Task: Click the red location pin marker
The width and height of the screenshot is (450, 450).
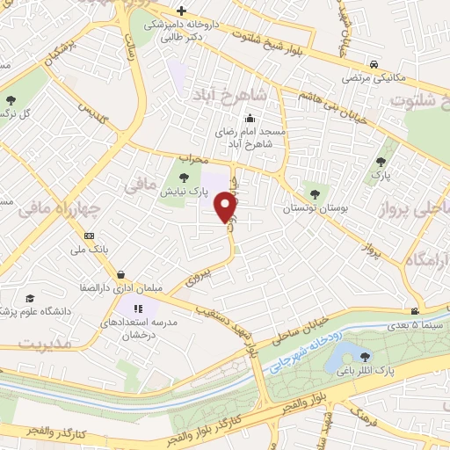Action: click(x=226, y=206)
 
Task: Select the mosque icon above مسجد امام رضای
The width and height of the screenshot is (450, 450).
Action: click(x=250, y=118)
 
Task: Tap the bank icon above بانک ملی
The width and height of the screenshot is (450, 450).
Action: click(x=89, y=236)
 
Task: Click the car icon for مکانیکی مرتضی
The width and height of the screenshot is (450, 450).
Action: click(x=375, y=64)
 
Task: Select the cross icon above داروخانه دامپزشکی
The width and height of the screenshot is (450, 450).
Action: click(x=181, y=11)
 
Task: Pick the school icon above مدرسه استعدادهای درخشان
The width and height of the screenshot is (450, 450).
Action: click(x=137, y=308)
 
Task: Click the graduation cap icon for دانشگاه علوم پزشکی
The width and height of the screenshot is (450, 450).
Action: click(x=31, y=300)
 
